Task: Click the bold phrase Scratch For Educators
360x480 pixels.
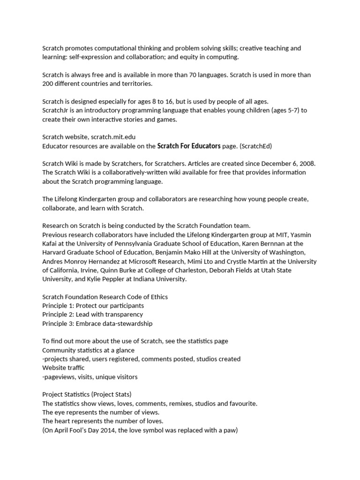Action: coord(189,146)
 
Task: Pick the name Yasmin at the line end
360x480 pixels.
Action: coord(300,234)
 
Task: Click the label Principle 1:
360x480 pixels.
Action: coord(58,306)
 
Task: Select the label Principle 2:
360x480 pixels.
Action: coord(58,315)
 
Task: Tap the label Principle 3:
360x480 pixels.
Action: coord(58,323)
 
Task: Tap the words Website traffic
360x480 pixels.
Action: coord(63,368)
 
